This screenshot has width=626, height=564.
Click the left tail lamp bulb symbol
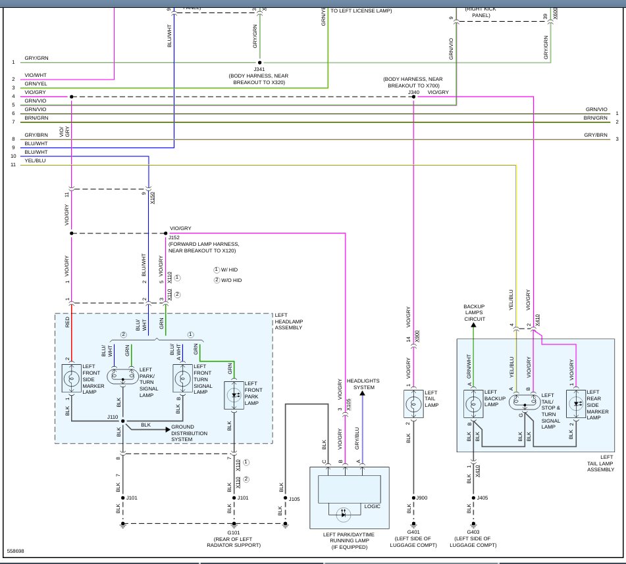(x=413, y=404)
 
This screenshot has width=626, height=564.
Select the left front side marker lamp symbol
(x=72, y=379)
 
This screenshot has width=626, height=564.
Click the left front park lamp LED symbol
(x=234, y=396)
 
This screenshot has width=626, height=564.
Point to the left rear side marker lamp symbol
(x=576, y=404)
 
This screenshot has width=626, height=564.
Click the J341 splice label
(x=259, y=69)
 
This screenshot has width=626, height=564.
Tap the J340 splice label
(x=413, y=93)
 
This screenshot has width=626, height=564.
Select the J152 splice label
(x=174, y=237)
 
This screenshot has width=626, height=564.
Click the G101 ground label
(x=233, y=533)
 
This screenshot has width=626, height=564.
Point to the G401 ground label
(x=413, y=533)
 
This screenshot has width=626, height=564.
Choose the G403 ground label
(x=473, y=533)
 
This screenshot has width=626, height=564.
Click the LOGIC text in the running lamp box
(x=373, y=506)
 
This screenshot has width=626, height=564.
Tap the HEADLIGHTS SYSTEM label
(x=361, y=384)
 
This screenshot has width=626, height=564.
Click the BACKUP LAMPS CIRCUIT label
(x=474, y=313)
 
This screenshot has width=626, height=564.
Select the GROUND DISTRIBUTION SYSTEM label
(x=190, y=433)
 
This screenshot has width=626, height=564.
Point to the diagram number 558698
(x=16, y=551)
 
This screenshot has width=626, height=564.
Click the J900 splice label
(x=422, y=498)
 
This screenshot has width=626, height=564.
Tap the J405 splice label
(x=483, y=498)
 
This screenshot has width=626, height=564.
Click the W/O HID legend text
(x=231, y=281)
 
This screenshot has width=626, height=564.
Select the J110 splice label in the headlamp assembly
(x=113, y=417)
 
